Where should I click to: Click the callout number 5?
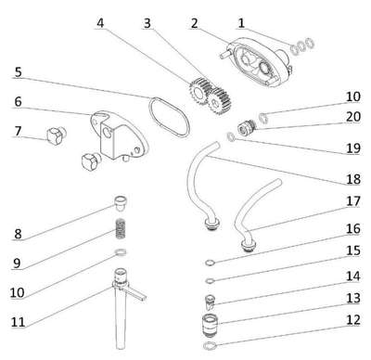(x=19, y=72)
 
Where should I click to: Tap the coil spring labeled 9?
(x=121, y=228)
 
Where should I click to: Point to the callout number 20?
(x=353, y=117)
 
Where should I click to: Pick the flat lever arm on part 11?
(x=135, y=293)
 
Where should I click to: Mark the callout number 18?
(x=353, y=179)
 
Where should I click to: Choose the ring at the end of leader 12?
(x=210, y=345)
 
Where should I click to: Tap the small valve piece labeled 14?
(x=210, y=302)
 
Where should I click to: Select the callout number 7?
(x=19, y=131)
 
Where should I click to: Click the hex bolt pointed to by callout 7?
(x=57, y=135)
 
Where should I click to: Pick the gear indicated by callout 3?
(x=219, y=100)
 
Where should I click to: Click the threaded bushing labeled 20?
(x=247, y=126)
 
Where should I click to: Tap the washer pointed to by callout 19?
(x=231, y=136)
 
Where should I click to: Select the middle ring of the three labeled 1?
(x=301, y=46)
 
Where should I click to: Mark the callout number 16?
(x=353, y=228)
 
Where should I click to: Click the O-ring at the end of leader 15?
(x=210, y=281)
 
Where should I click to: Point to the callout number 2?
(x=195, y=23)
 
